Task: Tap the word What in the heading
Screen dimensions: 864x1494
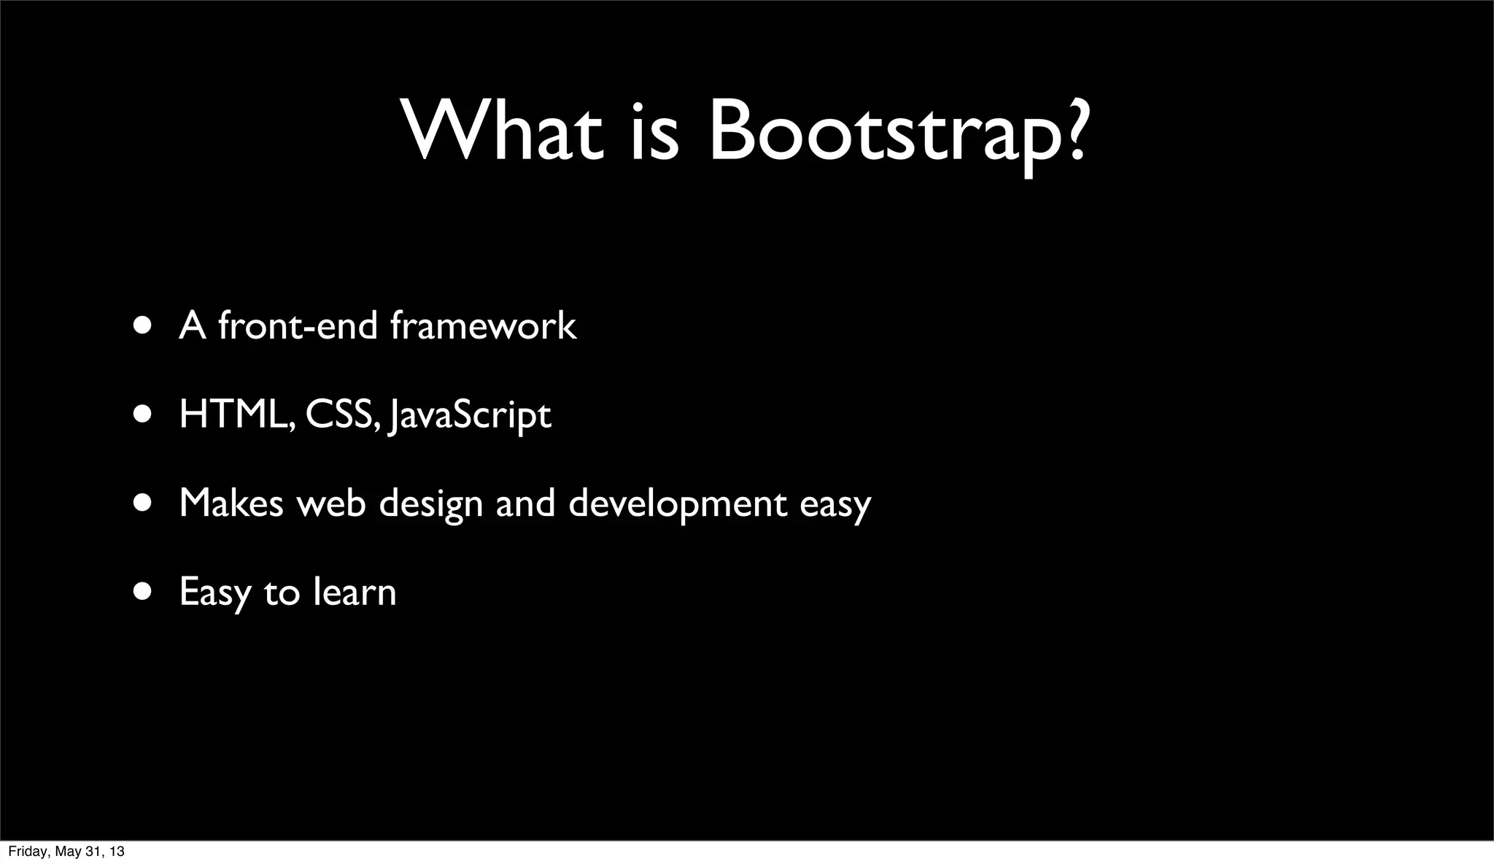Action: (x=503, y=131)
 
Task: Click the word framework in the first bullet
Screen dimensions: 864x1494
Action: (x=483, y=325)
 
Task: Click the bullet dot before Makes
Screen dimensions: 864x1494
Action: (x=143, y=503)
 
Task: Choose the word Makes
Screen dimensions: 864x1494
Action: (x=231, y=503)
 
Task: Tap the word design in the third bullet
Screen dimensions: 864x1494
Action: (x=430, y=504)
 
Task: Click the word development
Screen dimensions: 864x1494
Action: (x=678, y=504)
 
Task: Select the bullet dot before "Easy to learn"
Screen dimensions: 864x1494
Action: (x=143, y=591)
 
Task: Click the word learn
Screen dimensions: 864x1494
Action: (x=355, y=591)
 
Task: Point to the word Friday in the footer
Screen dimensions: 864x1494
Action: (x=26, y=852)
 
